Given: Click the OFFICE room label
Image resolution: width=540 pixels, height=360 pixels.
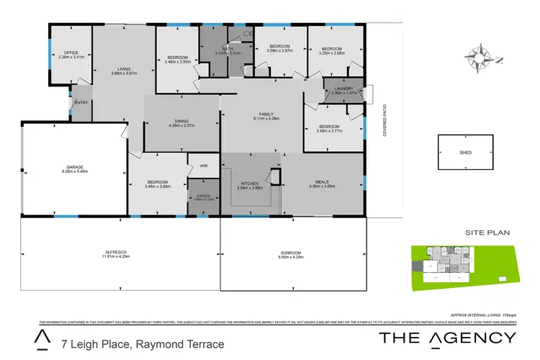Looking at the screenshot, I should pos(71,53).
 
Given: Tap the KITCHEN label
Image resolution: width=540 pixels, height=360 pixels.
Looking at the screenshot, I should pos(249,184).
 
